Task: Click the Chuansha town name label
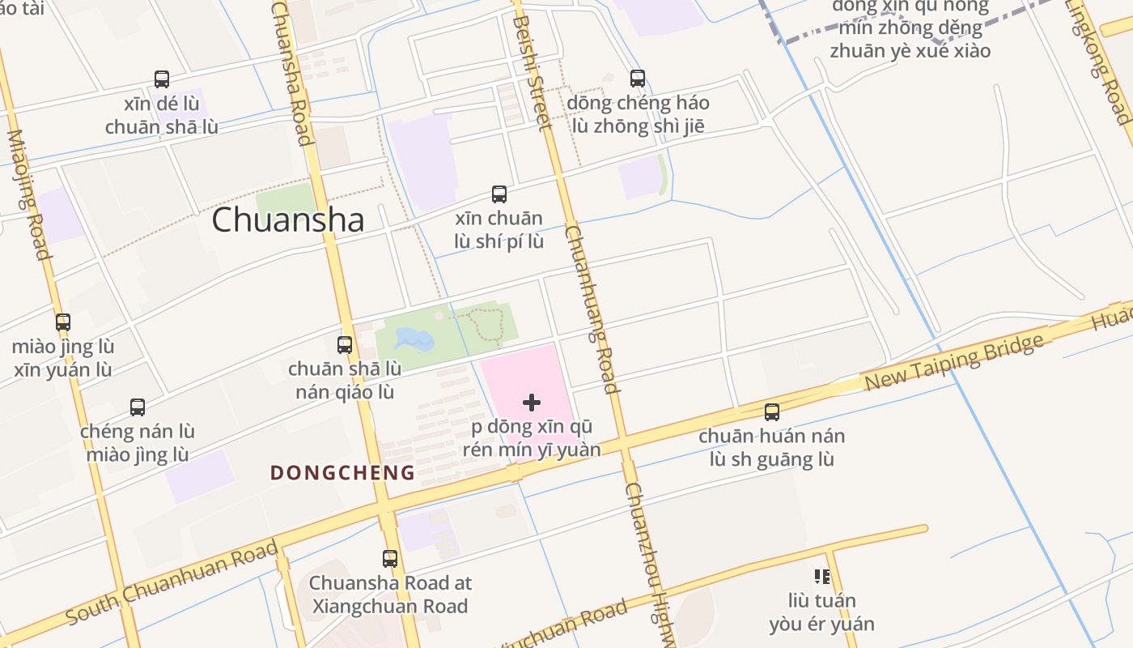(287, 220)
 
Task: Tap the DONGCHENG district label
(342, 472)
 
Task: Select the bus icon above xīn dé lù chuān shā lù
(162, 79)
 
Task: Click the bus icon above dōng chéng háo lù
(638, 79)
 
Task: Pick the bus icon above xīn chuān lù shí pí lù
(499, 194)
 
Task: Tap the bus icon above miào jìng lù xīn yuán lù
(63, 322)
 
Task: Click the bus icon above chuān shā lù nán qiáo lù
(345, 345)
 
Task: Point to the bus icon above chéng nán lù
(138, 407)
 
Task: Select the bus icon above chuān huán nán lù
(772, 412)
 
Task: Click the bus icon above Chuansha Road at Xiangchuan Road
(390, 558)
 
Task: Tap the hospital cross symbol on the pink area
(532, 403)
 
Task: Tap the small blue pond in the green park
(414, 339)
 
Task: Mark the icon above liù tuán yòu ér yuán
(822, 577)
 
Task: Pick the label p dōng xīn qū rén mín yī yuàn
(532, 438)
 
